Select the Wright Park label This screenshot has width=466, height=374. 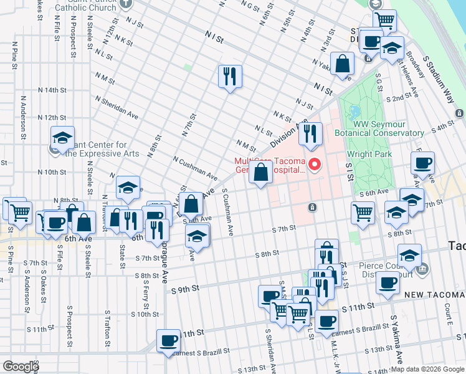point(369,154)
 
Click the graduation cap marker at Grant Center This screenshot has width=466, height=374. point(62,138)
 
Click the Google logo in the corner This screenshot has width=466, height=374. point(20,367)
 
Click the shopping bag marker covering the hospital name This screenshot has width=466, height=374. point(260,173)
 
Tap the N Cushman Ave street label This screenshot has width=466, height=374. point(195,168)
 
